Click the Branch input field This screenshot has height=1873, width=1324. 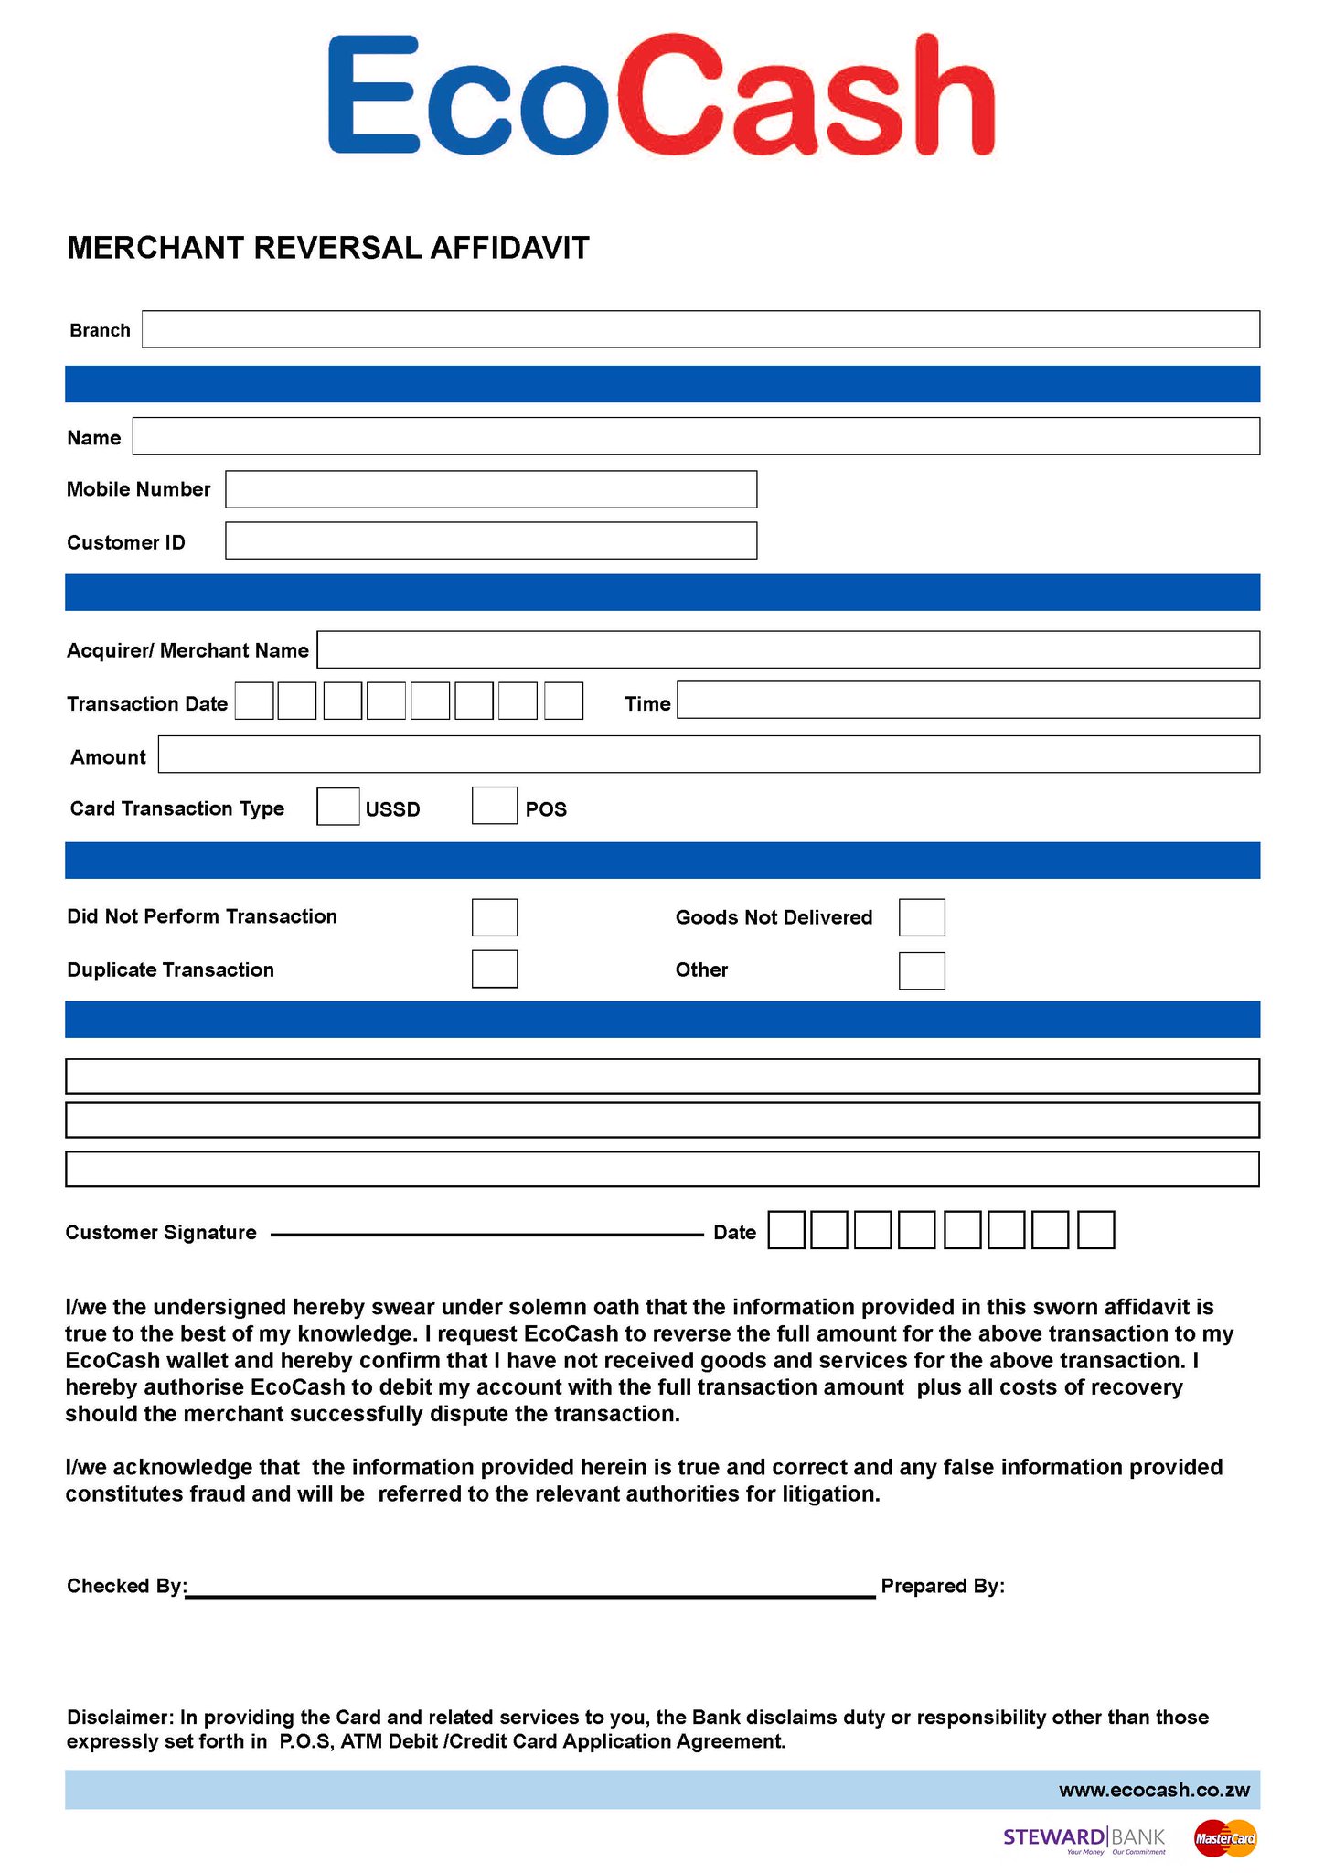[x=700, y=329]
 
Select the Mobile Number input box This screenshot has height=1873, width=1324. [x=491, y=489]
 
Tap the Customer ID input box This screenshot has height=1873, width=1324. [x=491, y=540]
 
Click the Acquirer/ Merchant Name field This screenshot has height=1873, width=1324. [x=788, y=649]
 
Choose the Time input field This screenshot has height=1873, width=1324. [x=968, y=700]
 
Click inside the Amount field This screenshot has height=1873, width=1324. [x=709, y=755]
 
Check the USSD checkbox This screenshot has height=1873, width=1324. [x=338, y=807]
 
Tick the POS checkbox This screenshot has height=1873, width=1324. [x=495, y=806]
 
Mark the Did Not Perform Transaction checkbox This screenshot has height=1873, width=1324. [x=495, y=917]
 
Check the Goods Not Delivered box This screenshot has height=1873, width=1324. [x=922, y=917]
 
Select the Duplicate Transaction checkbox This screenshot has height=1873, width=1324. [x=495, y=969]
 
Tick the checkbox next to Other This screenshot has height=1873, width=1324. [x=922, y=971]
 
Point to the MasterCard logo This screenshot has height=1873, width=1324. [x=1225, y=1838]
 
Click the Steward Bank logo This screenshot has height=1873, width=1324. [x=1084, y=1838]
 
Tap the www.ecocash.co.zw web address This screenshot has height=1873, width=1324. [x=1154, y=1791]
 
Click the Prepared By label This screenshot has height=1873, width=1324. [x=943, y=1587]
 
